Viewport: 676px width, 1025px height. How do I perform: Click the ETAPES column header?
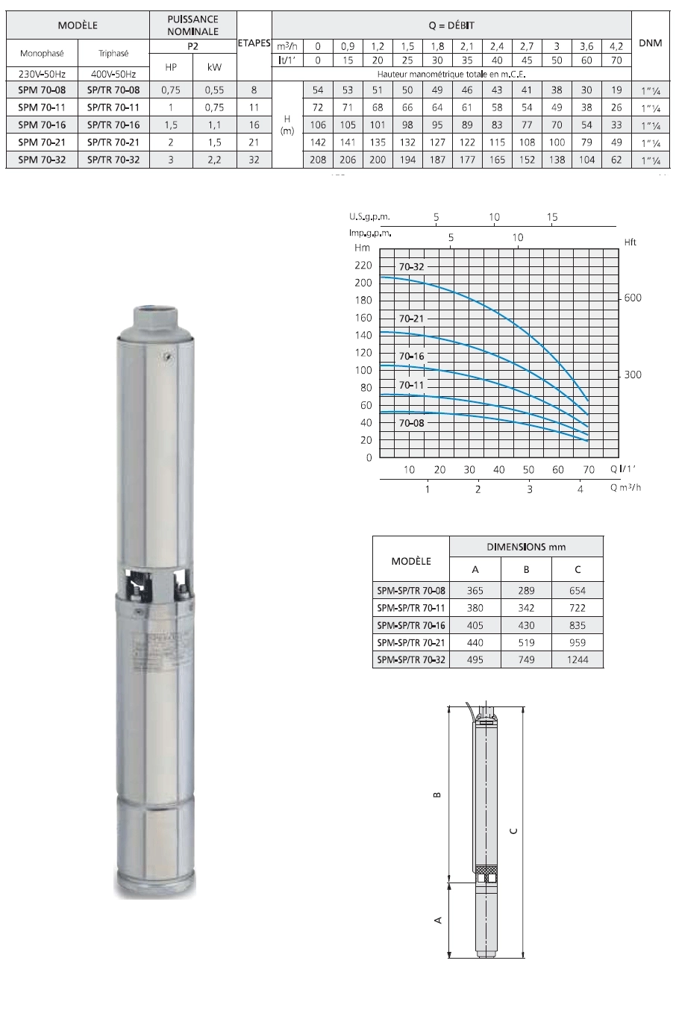(x=254, y=43)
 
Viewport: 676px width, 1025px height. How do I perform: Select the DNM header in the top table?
(x=651, y=43)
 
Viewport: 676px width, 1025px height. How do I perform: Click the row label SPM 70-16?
(x=42, y=125)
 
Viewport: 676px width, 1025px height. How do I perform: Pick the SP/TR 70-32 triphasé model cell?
(x=113, y=160)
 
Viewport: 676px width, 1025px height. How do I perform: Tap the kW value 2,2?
(x=214, y=160)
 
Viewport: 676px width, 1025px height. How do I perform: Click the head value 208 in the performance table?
(x=318, y=160)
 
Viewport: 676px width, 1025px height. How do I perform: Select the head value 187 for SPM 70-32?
(x=437, y=160)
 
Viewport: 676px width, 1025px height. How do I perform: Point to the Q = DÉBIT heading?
(x=451, y=25)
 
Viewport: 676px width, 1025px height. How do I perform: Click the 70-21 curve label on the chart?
(x=411, y=319)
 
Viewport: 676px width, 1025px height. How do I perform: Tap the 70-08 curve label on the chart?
(x=411, y=423)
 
